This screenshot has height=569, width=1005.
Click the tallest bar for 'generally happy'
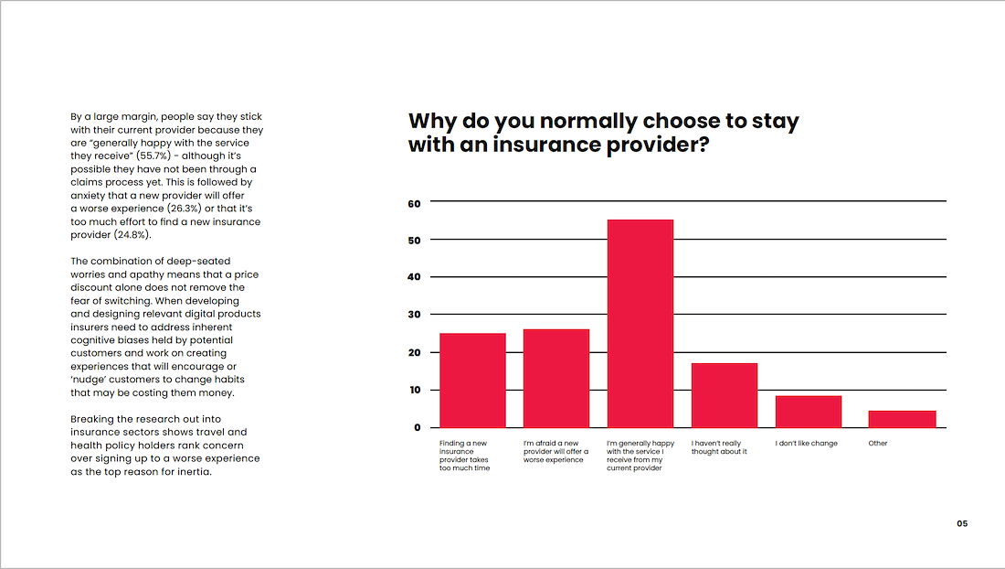click(640, 323)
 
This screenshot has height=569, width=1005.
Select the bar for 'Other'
click(902, 419)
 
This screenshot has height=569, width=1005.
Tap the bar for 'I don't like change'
click(809, 412)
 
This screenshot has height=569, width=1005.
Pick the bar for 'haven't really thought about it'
click(725, 395)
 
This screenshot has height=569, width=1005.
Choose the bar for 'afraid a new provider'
click(556, 379)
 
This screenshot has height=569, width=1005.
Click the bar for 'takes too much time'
click(472, 381)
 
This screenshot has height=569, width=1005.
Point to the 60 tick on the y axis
click(414, 204)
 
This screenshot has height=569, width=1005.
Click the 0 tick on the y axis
click(418, 427)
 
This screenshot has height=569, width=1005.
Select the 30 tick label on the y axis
click(414, 315)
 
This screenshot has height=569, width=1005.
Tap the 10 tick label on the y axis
click(415, 390)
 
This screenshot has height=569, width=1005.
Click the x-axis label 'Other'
click(878, 444)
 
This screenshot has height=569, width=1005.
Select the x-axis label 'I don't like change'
click(807, 444)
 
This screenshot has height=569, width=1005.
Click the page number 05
click(962, 523)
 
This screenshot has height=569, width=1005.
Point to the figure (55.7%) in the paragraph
click(153, 156)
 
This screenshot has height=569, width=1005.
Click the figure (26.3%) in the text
click(184, 209)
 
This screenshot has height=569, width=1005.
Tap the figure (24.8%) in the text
click(132, 235)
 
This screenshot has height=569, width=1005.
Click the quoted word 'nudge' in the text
click(91, 380)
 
